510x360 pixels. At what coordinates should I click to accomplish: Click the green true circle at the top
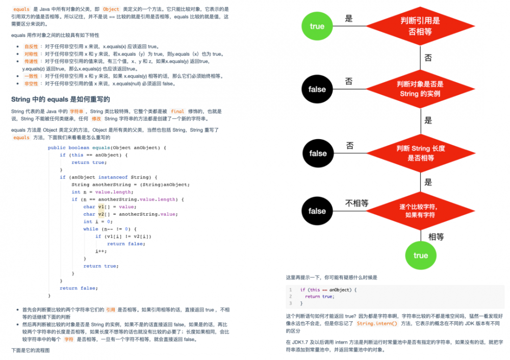[x=317, y=26]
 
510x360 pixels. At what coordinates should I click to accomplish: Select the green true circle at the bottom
[x=421, y=255]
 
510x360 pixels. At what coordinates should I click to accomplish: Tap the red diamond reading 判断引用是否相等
[x=420, y=26]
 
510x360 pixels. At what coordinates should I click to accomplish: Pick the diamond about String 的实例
[x=420, y=89]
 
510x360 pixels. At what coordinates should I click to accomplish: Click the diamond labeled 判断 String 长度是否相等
[x=421, y=153]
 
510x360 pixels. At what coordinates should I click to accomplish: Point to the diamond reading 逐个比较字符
[x=420, y=211]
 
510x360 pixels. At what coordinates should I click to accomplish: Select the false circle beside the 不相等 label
[x=317, y=211]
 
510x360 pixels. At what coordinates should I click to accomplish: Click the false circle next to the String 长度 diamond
[x=317, y=153]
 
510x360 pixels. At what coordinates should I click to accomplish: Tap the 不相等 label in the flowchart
[x=356, y=203]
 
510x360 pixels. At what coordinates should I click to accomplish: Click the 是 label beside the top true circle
[x=349, y=19]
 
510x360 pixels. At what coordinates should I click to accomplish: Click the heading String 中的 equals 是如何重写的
[x=61, y=99]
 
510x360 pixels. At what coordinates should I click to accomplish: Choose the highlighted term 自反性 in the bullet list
[x=31, y=46]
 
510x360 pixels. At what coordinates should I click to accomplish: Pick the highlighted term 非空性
[x=31, y=84]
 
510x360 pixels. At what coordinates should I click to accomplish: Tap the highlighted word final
[x=177, y=111]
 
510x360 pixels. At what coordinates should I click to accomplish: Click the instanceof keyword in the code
[x=113, y=177]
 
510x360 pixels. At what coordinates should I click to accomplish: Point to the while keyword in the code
[x=91, y=229]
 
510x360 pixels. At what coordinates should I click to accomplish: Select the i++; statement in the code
[x=101, y=251]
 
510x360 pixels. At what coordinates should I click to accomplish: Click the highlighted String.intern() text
[x=377, y=323]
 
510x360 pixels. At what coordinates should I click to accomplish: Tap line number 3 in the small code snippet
[x=290, y=303]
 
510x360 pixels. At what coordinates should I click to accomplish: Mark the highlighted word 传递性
[x=31, y=61]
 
